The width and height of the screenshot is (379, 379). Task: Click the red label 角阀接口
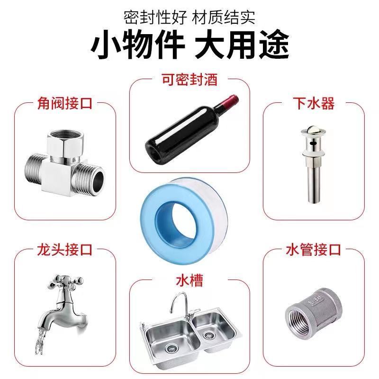pyautogui.click(x=65, y=103)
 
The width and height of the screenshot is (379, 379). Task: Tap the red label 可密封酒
pyautogui.click(x=189, y=80)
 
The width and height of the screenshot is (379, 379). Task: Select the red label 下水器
pyautogui.click(x=314, y=103)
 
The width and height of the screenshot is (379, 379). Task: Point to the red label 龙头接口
pyautogui.click(x=65, y=250)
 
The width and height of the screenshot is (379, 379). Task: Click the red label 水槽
pyautogui.click(x=189, y=280)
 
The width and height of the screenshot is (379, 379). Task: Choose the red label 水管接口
pyautogui.click(x=314, y=250)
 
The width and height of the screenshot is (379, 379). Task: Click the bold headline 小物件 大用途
pyautogui.click(x=190, y=44)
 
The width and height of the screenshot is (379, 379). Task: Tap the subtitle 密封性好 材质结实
pyautogui.click(x=190, y=17)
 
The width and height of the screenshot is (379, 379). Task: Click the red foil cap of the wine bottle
pyautogui.click(x=230, y=101)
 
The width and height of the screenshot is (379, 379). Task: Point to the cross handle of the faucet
pyautogui.click(x=66, y=283)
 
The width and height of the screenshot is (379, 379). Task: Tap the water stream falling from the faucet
pyautogui.click(x=41, y=341)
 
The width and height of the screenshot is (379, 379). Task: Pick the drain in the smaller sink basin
pyautogui.click(x=208, y=335)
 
